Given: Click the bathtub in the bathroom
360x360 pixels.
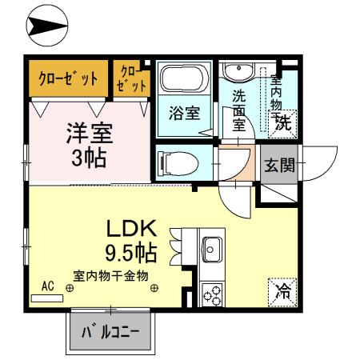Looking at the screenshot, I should pos(183,80).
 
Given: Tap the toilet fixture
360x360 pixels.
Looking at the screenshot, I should pos(180,162).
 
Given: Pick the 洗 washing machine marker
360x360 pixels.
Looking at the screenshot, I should pos(282,122).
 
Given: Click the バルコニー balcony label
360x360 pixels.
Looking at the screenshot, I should pos(111,331).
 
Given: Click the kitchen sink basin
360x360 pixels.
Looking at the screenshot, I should pos(212,248).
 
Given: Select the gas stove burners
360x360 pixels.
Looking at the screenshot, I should pos(212,294).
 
